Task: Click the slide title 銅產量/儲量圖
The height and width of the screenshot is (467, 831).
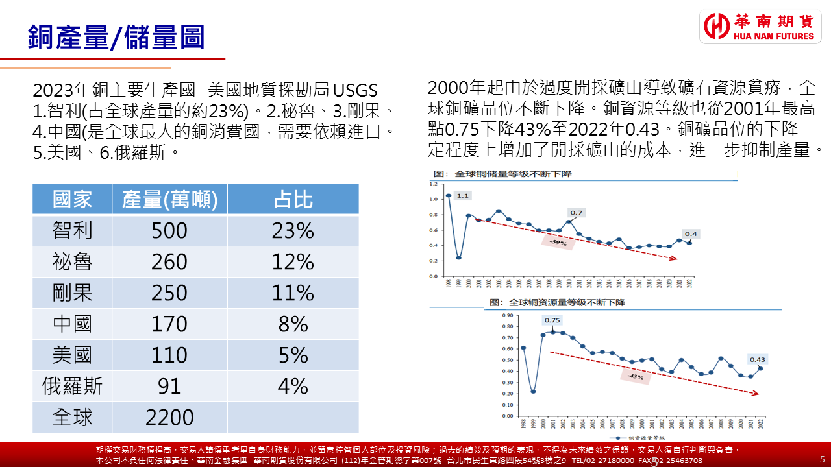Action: (x=116, y=37)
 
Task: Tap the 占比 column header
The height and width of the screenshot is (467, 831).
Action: (x=293, y=199)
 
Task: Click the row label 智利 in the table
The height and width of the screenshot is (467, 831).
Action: (x=72, y=230)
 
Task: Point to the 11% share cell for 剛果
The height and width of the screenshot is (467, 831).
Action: (x=293, y=293)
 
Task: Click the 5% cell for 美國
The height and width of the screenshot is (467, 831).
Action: (x=293, y=355)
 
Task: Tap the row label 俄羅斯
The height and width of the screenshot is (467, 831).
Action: (x=72, y=386)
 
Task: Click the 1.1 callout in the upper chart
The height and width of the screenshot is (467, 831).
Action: (x=462, y=195)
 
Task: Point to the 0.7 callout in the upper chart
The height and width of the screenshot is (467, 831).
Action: (x=576, y=212)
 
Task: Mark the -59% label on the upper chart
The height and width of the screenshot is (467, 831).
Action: (x=558, y=243)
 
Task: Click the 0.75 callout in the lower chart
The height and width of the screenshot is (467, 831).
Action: (x=552, y=320)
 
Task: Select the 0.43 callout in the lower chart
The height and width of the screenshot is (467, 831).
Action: (x=758, y=359)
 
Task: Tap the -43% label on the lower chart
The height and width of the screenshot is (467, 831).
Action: (x=635, y=376)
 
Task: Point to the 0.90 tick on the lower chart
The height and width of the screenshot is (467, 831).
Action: (x=507, y=315)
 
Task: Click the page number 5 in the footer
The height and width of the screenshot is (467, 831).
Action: (x=823, y=458)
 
